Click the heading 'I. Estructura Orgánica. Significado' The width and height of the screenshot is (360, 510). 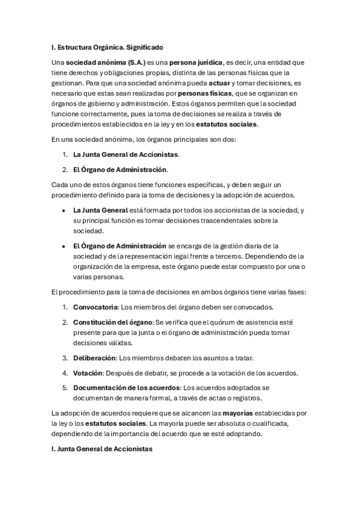tap(107, 46)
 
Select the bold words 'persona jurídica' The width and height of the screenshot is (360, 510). tap(195, 62)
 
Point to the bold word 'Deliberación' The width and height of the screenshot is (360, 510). tap(94, 358)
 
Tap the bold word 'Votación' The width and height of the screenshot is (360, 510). tap(88, 373)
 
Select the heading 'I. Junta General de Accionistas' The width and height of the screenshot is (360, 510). tap(102, 449)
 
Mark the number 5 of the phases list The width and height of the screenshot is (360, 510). tap(65, 388)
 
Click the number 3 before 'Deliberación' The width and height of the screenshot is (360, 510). tap(65, 358)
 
